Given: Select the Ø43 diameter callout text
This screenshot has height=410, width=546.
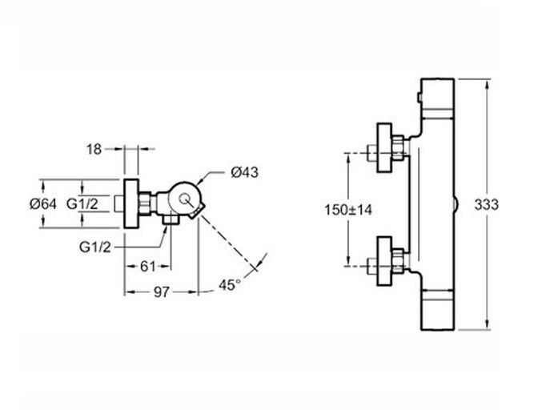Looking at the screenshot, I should [244, 171].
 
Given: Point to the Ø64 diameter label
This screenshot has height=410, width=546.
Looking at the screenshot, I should [43, 204].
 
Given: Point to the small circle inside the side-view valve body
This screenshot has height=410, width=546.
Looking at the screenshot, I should [185, 199].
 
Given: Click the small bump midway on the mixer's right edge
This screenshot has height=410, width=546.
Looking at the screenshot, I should [456, 204].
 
